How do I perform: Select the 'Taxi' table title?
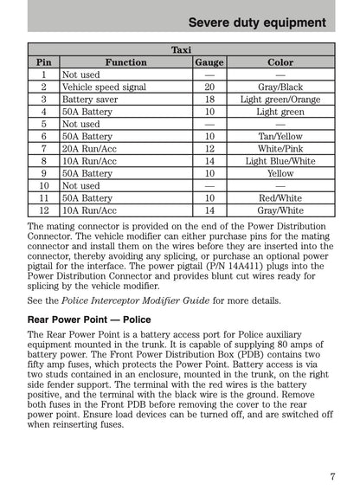point(181,50)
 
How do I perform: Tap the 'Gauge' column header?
point(209,62)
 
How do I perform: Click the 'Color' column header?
point(280,62)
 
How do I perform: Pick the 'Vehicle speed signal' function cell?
point(104,87)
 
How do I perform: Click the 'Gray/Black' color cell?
point(280,87)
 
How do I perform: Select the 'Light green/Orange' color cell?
point(280,100)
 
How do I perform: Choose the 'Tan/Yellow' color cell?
point(280,137)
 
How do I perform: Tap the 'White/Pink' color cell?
point(280,149)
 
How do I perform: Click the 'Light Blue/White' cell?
point(280,161)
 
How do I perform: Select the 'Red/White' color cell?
point(280,198)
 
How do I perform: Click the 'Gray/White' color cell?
point(280,210)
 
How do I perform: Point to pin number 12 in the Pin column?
point(43,210)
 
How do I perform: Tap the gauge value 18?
point(209,100)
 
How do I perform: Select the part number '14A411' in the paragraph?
point(218,268)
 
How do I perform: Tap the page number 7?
point(332,475)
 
